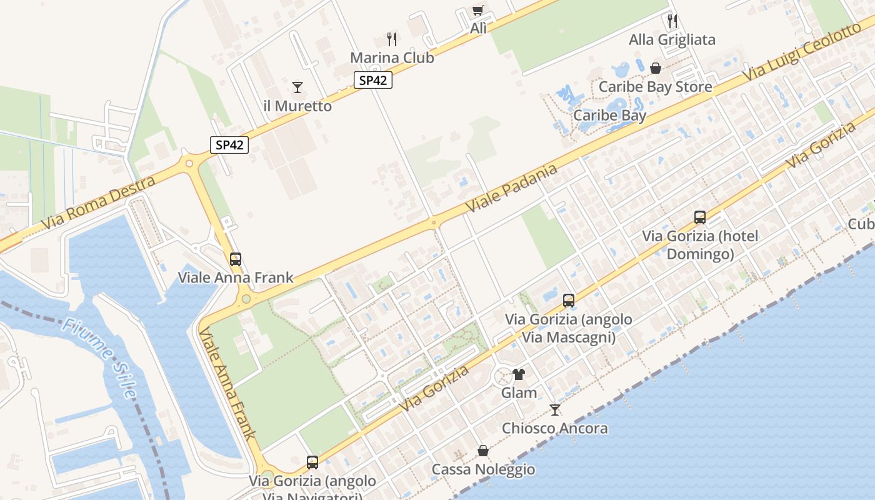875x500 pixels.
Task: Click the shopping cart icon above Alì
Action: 478,10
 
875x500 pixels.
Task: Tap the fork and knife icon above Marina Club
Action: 392,39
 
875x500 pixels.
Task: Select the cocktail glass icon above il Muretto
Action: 297,87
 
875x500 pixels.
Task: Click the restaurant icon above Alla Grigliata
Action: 672,21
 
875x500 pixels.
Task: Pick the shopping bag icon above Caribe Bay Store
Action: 656,67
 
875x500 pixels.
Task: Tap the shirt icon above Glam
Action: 519,374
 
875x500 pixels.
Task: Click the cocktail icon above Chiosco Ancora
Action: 554,409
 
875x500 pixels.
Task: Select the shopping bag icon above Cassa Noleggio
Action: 483,450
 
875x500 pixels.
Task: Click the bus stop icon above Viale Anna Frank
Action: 236,259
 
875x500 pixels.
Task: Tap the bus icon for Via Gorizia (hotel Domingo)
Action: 700,217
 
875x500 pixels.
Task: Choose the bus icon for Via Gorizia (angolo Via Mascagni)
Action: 568,300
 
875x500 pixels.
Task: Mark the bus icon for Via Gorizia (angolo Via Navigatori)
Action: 312,462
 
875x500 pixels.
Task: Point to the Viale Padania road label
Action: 511,187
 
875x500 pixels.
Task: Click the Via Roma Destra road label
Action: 99,202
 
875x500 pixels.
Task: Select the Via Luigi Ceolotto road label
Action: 806,53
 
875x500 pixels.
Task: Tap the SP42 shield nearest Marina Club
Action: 373,80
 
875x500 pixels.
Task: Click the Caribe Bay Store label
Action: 655,86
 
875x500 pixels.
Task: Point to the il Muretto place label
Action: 297,106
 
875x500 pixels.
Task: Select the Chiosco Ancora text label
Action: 554,428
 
